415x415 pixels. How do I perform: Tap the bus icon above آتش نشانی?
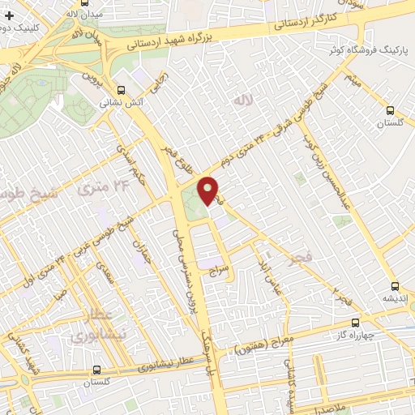[122, 91]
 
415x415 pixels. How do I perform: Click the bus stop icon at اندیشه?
[395, 286]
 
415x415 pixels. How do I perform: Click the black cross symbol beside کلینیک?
[9, 15]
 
